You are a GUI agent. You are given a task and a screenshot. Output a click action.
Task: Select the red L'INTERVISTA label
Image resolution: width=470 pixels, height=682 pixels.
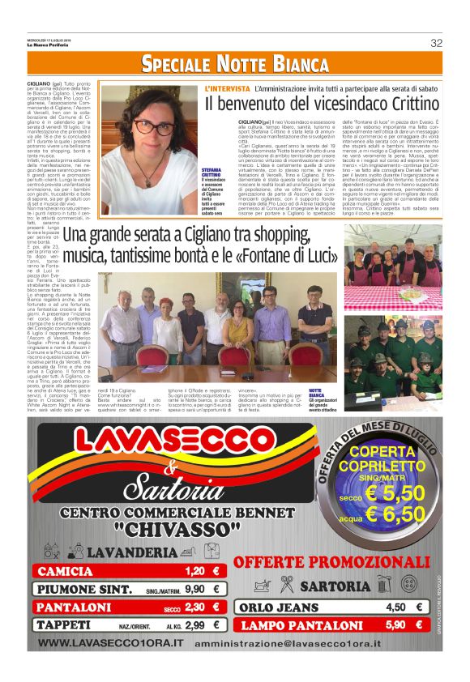pyautogui.click(x=227, y=87)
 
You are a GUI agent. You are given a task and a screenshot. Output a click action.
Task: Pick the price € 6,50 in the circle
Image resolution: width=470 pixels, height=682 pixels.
pyautogui.click(x=394, y=514)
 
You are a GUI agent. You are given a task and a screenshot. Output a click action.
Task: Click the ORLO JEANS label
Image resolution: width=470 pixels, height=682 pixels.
pyautogui.click(x=276, y=607)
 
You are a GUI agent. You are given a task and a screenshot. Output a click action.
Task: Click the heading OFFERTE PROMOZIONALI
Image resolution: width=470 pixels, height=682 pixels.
pyautogui.click(x=331, y=562)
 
